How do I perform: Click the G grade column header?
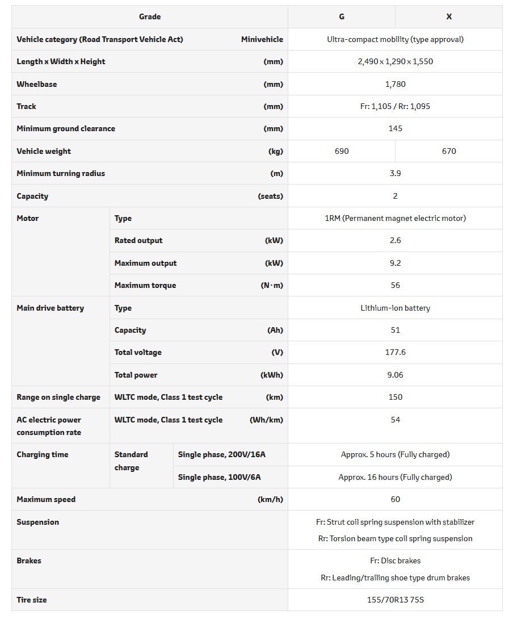coord(342,16)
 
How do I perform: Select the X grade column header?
coord(449,16)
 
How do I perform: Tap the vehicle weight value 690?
coord(342,151)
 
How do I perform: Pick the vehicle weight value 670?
coord(449,151)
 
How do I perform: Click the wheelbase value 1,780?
coord(395,84)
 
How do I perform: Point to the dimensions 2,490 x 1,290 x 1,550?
coord(395,61)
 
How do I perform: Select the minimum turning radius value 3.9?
coord(395,173)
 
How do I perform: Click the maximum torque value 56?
coord(395,285)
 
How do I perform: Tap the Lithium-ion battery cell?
coord(395,308)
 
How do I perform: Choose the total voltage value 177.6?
coord(395,352)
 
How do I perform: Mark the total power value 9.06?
coord(395,375)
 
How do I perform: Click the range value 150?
coord(395,397)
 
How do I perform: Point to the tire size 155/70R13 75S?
coord(395,600)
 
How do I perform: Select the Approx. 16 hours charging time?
coord(395,477)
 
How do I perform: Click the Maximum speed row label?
coord(46,499)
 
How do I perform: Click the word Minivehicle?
coord(262,39)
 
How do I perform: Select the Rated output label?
coord(138,240)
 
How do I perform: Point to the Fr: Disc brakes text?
coord(395,561)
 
